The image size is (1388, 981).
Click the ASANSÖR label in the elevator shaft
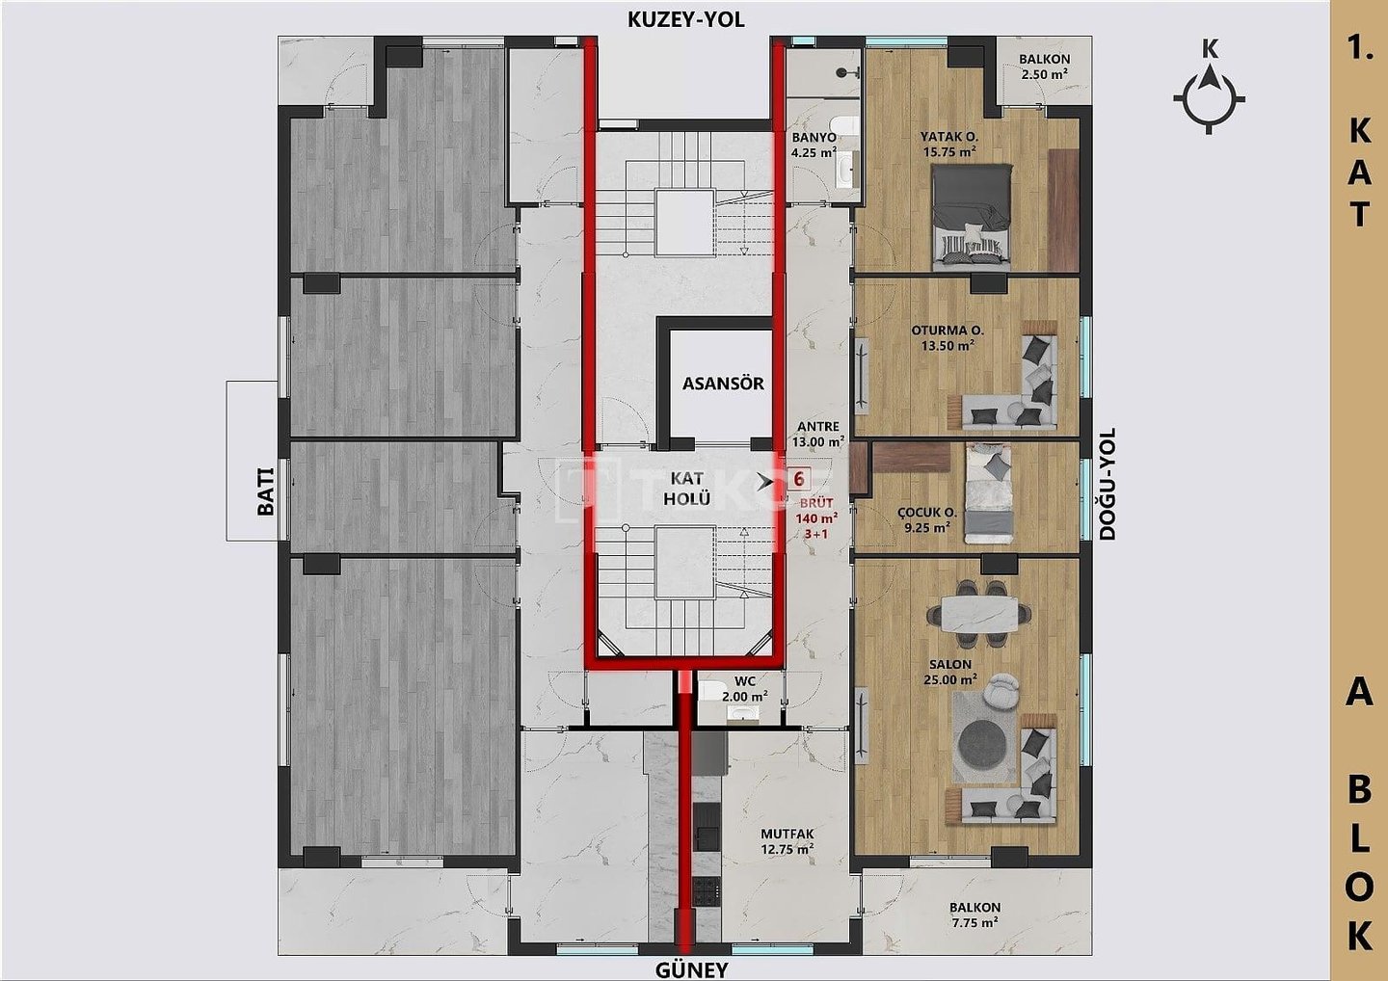coord(723,384)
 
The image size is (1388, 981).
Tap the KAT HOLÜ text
coord(686,488)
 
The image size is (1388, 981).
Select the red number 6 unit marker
coord(799,479)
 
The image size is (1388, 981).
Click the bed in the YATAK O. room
coord(973,217)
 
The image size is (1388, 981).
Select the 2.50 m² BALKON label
coord(1044,66)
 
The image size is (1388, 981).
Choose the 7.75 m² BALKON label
coord(974,915)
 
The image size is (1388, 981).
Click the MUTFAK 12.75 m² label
coord(787,841)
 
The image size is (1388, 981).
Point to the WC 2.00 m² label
coord(745,688)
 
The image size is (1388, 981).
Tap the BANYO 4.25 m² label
coord(814,145)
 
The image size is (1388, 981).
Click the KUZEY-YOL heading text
coord(686,20)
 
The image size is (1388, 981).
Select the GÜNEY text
coord(691,969)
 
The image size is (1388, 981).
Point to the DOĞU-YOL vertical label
coord(1108,485)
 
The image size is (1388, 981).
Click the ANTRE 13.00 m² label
coord(818,435)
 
